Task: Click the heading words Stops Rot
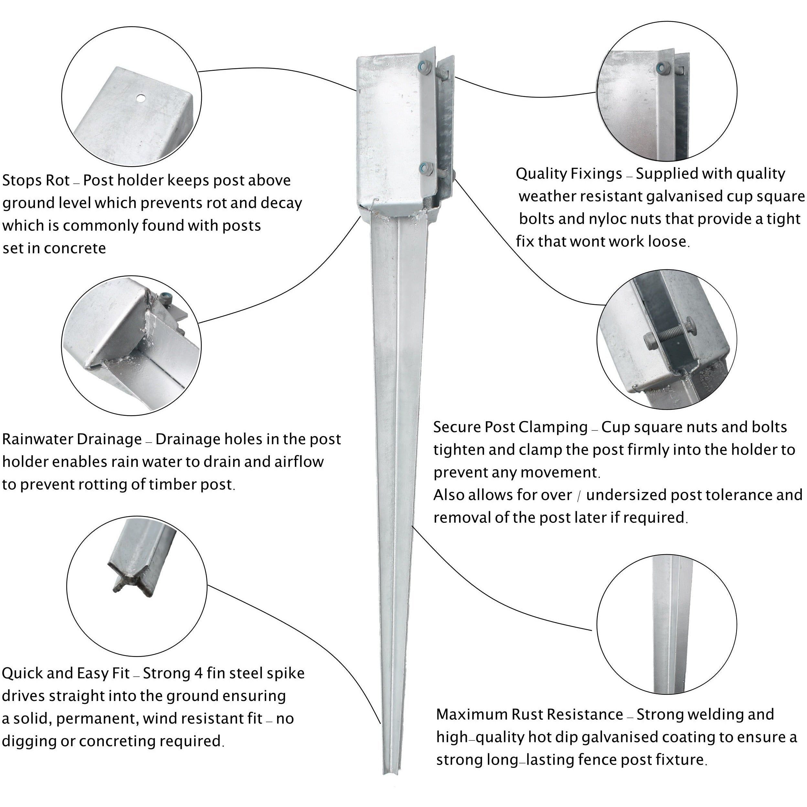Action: [x=36, y=180]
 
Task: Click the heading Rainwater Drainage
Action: [x=72, y=439]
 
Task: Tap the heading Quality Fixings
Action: [x=569, y=174]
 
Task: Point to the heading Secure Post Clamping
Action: [x=511, y=427]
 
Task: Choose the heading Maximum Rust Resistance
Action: [x=530, y=714]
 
